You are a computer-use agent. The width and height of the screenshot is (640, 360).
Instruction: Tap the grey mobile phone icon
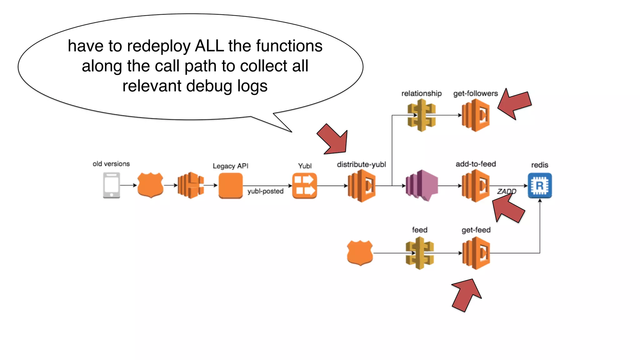tap(112, 185)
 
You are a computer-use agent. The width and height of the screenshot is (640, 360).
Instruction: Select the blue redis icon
tap(540, 185)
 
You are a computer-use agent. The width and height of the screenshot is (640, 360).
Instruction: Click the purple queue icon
tap(422, 186)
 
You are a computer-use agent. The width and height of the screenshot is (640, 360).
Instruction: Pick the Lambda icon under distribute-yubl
tap(362, 186)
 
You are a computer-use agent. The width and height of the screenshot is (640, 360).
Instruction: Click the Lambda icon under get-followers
tap(476, 115)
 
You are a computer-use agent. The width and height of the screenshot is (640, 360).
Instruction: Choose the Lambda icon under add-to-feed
tap(476, 186)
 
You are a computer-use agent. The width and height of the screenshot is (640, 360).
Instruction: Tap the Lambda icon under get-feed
tap(476, 253)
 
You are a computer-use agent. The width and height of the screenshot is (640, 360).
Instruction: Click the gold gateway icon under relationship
tap(422, 115)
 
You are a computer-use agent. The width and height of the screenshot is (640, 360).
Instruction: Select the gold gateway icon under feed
tap(420, 253)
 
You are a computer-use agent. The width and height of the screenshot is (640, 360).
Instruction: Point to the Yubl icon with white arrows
tap(304, 186)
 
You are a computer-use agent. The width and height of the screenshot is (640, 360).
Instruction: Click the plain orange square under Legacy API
tap(231, 186)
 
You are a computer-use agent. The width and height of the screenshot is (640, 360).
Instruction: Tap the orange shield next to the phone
tap(150, 185)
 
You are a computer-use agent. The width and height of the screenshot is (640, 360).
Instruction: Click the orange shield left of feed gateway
tap(360, 252)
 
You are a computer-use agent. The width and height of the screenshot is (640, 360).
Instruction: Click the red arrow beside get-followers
tap(515, 104)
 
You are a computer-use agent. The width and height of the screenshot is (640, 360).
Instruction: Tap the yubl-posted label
tap(265, 191)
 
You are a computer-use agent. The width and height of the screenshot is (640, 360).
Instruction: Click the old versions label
tap(111, 164)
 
